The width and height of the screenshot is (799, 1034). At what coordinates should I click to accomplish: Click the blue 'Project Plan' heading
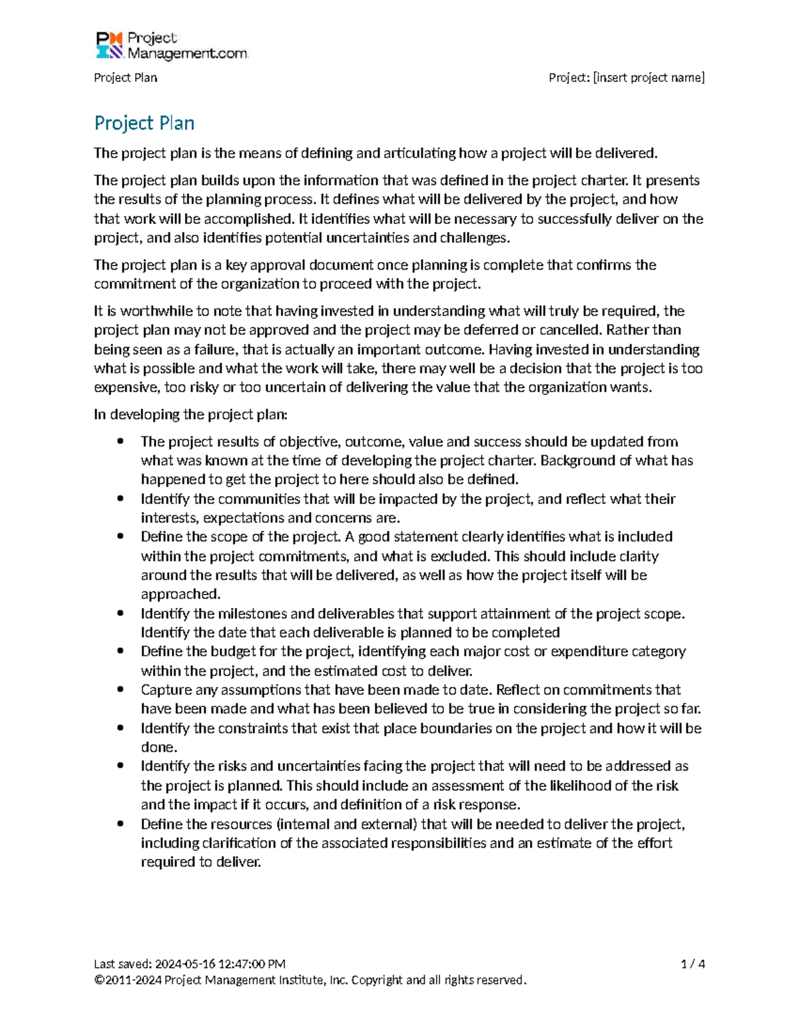coord(144,123)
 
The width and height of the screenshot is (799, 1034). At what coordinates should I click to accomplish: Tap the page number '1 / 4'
coord(692,963)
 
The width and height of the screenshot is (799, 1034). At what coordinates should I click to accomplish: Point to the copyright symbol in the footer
coord(99,980)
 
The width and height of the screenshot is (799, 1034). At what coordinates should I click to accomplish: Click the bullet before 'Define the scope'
coord(120,537)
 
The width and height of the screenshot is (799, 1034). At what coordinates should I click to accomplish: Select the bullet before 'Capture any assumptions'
coord(120,690)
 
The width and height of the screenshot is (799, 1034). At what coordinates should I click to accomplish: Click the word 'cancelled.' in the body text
coord(570,330)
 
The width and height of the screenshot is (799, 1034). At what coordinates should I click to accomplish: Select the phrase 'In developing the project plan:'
coord(190,415)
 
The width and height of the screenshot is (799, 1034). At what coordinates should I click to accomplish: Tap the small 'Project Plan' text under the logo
coord(125,78)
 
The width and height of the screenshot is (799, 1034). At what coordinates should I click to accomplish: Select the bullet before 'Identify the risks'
coord(120,766)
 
